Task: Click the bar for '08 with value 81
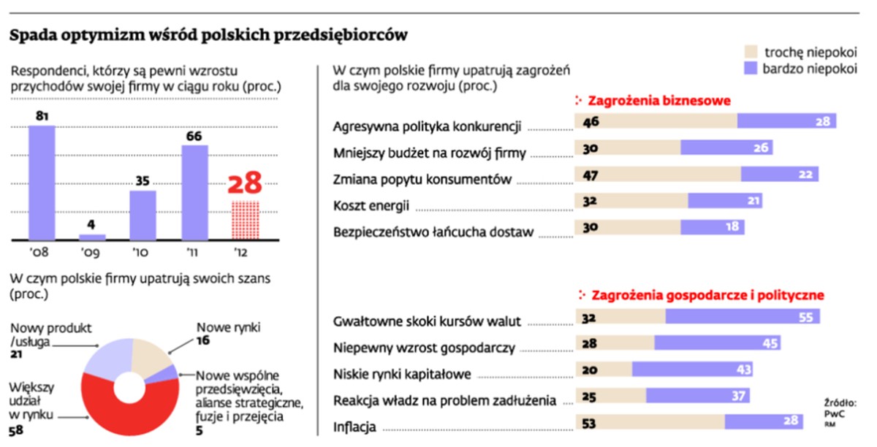42,183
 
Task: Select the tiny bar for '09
93,237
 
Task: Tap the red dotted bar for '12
245,220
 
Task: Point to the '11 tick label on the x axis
194,253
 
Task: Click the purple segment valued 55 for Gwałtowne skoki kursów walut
742,316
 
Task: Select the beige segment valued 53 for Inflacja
650,422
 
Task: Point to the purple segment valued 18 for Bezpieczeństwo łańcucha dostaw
712,227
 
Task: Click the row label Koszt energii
371,205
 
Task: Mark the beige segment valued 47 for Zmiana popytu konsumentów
658,174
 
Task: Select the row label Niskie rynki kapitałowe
401,373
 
